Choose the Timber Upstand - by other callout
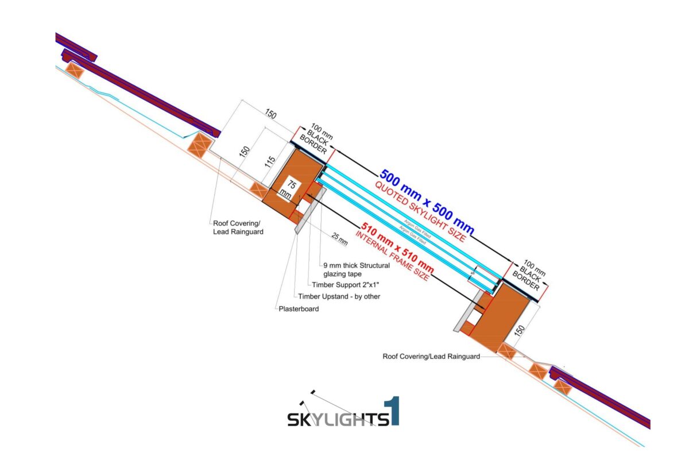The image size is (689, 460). pos(339,296)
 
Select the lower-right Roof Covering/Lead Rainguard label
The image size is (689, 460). pos(431,356)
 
